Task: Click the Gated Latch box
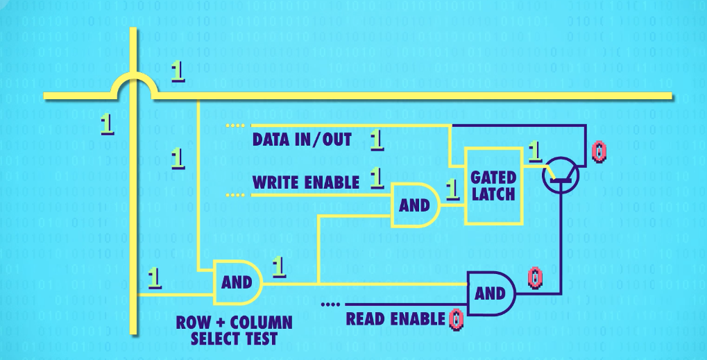[493, 185]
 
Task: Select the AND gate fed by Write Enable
[415, 205]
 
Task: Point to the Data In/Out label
[302, 140]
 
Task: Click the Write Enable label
[306, 182]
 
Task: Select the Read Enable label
[395, 320]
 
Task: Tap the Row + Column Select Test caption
[234, 331]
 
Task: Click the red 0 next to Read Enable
[456, 319]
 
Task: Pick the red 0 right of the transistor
[599, 151]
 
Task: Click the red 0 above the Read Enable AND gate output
[535, 277]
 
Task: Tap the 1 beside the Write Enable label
[377, 178]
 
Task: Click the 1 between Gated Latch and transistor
[534, 151]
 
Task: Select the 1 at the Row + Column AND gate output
[279, 266]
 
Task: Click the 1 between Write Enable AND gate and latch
[452, 189]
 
